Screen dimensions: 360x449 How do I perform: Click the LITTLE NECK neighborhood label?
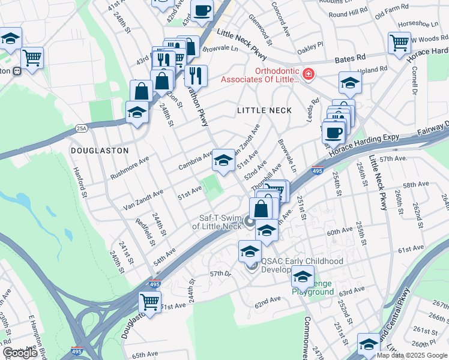click(x=264, y=110)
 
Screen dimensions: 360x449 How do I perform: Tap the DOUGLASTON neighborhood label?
click(x=100, y=151)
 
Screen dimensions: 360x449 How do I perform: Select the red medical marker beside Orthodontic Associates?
click(x=308, y=74)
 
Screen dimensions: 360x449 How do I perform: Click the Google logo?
click(x=20, y=353)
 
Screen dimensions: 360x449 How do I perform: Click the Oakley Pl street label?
click(x=310, y=46)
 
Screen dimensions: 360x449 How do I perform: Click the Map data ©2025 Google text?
click(x=412, y=355)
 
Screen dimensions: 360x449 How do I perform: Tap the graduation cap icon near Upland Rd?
click(x=350, y=83)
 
